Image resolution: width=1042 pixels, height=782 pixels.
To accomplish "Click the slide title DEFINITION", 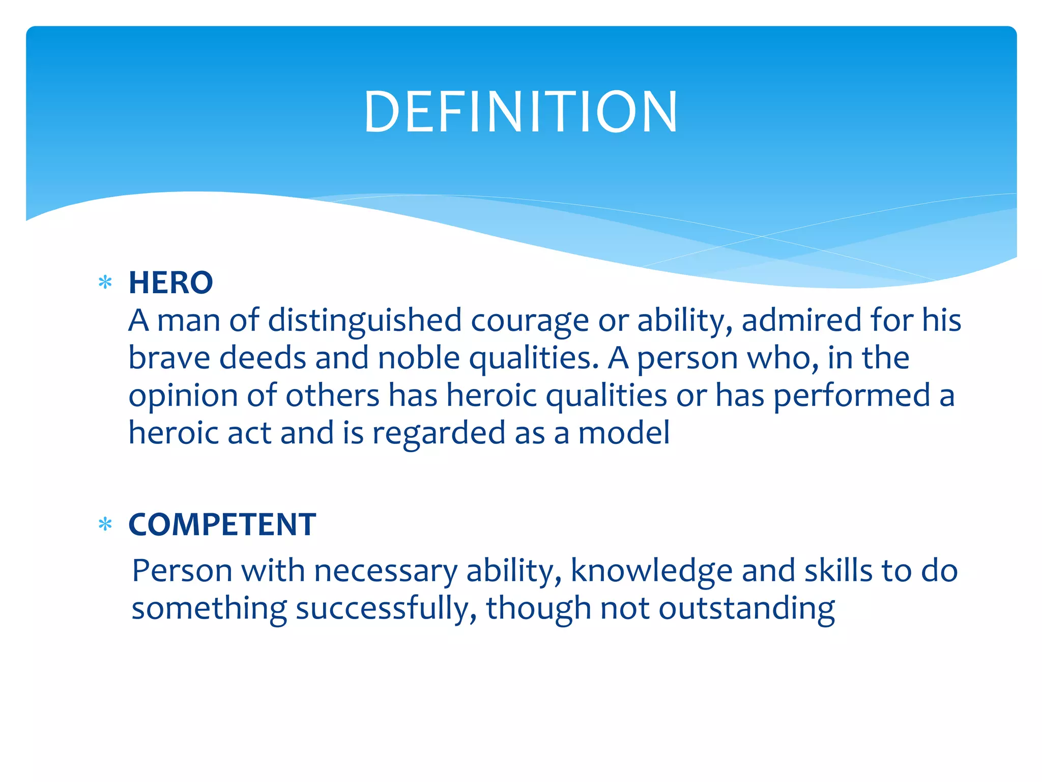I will point(520,112).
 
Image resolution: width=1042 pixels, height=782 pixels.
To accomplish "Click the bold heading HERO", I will point(170,283).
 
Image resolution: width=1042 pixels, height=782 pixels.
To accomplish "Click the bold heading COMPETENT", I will point(222,524).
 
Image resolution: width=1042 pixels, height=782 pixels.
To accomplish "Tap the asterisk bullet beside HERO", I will point(105,283).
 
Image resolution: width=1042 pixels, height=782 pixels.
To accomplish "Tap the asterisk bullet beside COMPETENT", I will point(105,524).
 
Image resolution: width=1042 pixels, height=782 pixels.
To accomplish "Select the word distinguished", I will point(364,321).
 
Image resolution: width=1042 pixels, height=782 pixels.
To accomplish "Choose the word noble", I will point(419,358).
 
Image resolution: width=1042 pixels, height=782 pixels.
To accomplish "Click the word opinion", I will point(183,397).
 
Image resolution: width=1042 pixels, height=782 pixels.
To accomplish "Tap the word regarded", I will point(439,434).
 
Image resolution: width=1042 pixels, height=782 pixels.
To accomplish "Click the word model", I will point(624,433).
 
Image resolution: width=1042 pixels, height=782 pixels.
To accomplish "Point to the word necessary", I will point(386,571).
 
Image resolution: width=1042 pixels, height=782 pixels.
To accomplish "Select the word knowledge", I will point(651,571).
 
